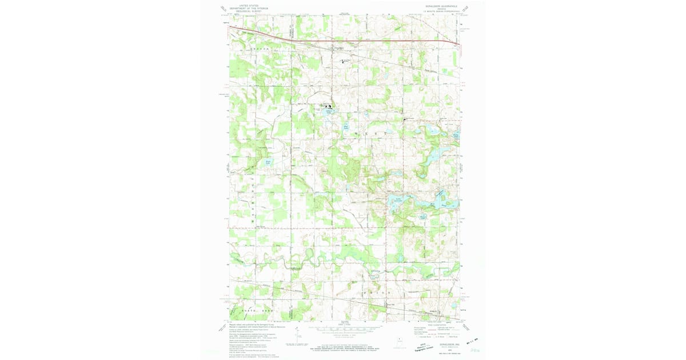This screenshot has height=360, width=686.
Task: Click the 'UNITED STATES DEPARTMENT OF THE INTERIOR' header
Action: (249, 7)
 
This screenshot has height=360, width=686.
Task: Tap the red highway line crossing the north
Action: (343, 41)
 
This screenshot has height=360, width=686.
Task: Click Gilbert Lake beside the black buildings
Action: (329, 112)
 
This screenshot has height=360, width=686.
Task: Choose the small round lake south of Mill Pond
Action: (424, 217)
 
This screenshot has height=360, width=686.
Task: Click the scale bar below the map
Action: (343, 330)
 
